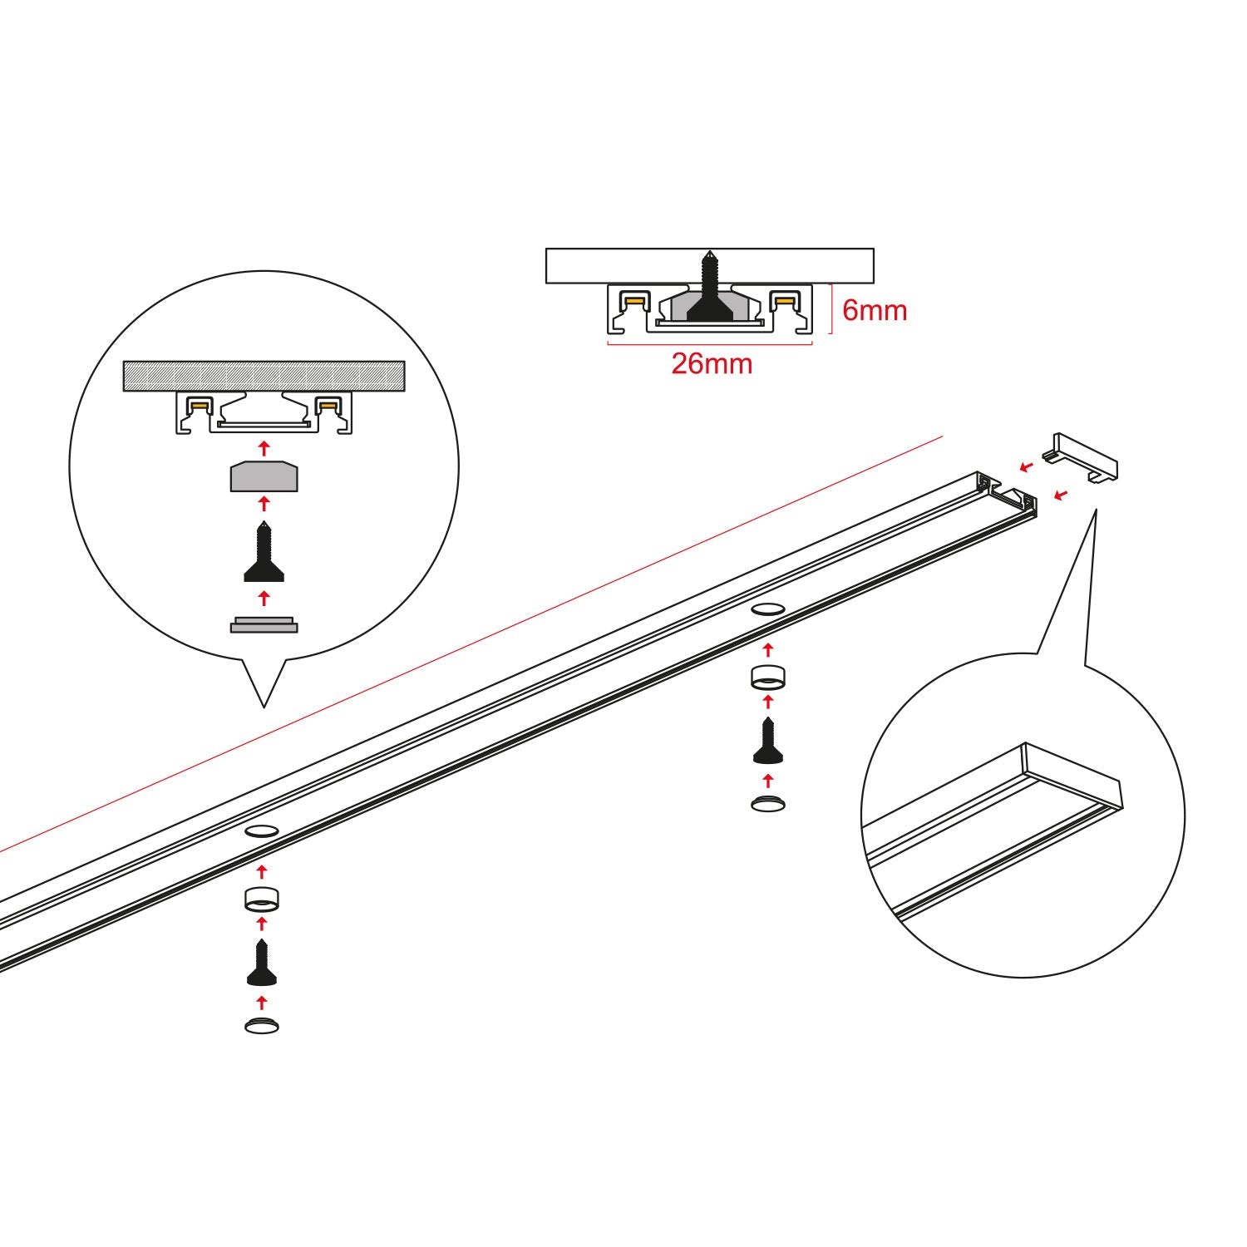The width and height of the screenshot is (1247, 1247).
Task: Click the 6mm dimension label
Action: [x=875, y=310]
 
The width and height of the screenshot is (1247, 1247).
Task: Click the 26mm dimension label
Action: [x=712, y=363]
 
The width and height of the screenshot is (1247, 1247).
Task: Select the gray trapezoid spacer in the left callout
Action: [x=264, y=476]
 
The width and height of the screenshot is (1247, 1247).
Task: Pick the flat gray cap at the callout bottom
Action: [x=264, y=624]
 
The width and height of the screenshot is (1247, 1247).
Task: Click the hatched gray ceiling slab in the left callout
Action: [x=264, y=376]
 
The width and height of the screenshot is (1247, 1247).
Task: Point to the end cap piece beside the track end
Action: [x=1085, y=456]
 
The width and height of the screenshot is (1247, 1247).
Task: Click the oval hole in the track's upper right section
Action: [x=768, y=609]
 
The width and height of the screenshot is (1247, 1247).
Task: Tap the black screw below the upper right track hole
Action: [x=768, y=742]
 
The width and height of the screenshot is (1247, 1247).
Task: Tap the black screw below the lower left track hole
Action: [x=262, y=963]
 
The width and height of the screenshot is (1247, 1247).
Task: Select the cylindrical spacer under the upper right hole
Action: [x=768, y=678]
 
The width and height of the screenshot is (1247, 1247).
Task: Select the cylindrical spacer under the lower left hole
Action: [x=262, y=900]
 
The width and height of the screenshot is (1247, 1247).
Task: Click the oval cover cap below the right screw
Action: [x=768, y=803]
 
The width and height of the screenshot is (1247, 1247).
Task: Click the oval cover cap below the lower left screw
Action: [x=262, y=1026]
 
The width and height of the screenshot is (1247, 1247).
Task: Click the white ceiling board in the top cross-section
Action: [x=709, y=265]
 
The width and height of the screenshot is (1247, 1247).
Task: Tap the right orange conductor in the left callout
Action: [x=328, y=406]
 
